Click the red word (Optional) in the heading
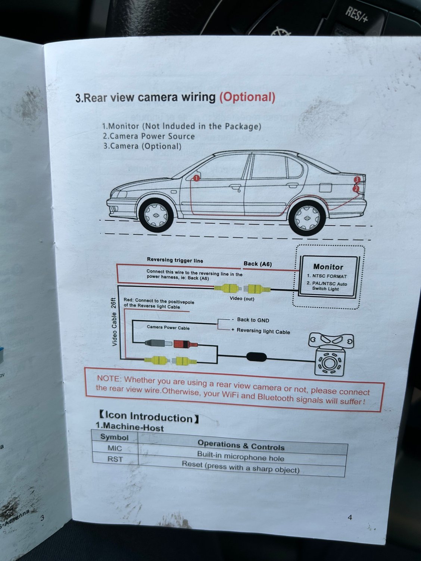(247, 98)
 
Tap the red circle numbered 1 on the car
(196, 178)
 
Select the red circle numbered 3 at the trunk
(357, 179)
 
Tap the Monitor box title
(328, 267)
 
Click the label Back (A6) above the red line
(258, 264)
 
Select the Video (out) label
(242, 298)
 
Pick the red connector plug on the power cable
(185, 344)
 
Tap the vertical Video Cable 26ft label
(114, 322)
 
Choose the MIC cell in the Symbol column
(115, 448)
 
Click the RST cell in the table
(115, 459)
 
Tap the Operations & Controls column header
(241, 445)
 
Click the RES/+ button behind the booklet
(357, 15)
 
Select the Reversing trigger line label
(175, 260)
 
